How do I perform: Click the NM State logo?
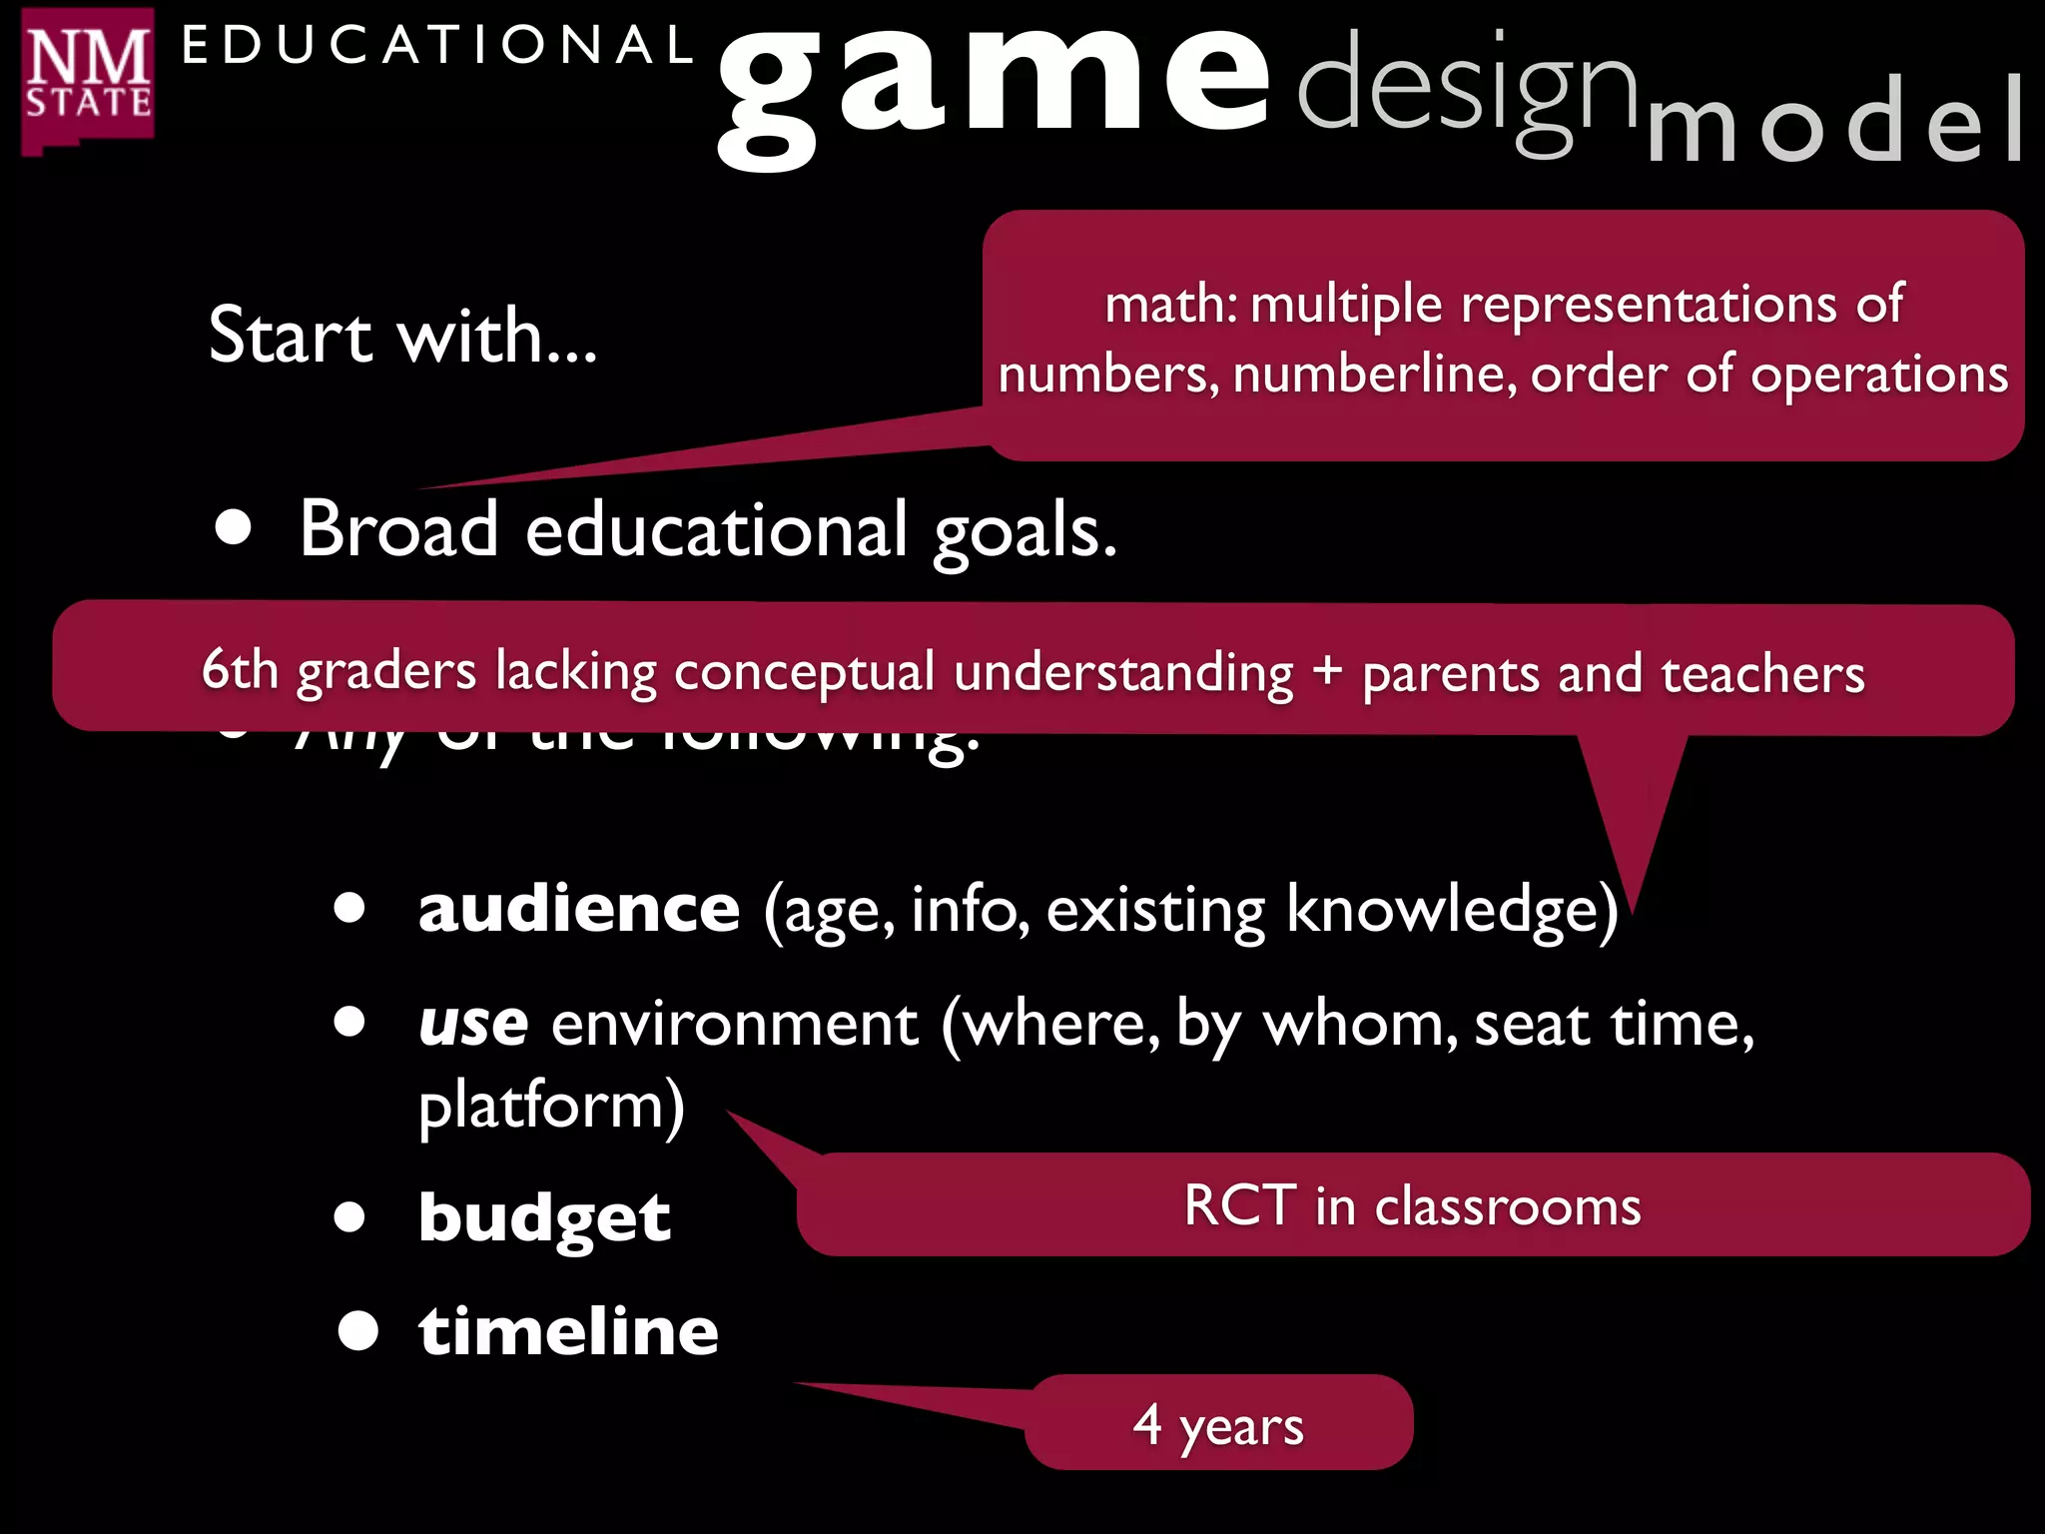[x=88, y=80]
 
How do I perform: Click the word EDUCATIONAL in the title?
[x=437, y=46]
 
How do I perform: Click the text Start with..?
[x=402, y=336]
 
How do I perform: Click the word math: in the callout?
[x=1170, y=304]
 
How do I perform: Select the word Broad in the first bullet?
[x=398, y=529]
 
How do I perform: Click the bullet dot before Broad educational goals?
[x=234, y=527]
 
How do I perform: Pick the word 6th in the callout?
[x=240, y=668]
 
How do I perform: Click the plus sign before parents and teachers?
[x=1327, y=670]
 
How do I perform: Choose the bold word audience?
[x=579, y=909]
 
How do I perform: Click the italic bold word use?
[x=473, y=1024]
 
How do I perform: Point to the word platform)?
[x=551, y=1107]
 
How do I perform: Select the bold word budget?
[x=544, y=1218]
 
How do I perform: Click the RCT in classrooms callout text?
[x=1412, y=1205]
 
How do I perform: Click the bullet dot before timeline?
[x=357, y=1331]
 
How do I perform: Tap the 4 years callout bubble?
[x=1218, y=1423]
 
